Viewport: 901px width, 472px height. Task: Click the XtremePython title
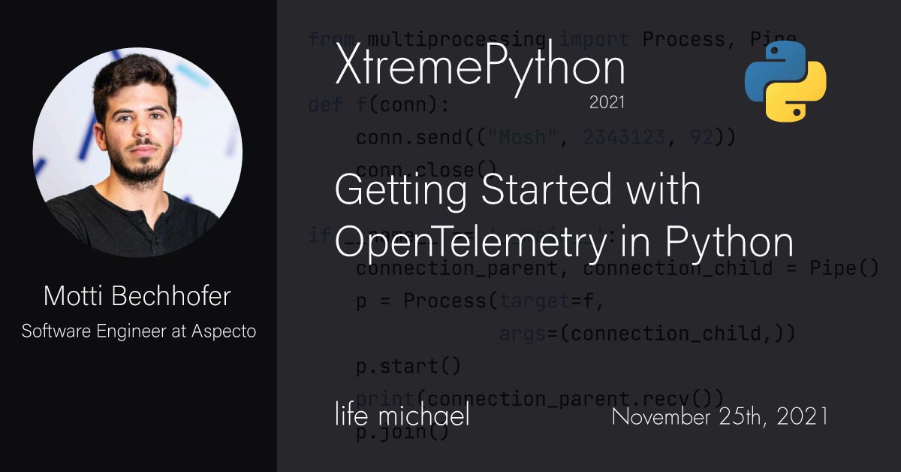click(x=479, y=67)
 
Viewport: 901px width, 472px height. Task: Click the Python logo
click(x=785, y=81)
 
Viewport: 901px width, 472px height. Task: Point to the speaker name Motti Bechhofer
click(x=137, y=296)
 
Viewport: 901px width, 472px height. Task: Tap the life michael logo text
click(x=402, y=415)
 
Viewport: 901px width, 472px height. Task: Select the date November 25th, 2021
click(x=719, y=416)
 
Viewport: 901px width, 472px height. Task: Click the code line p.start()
click(x=397, y=368)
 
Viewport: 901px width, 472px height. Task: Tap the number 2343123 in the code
click(x=624, y=137)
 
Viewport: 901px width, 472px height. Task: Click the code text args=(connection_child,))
click(x=646, y=334)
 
